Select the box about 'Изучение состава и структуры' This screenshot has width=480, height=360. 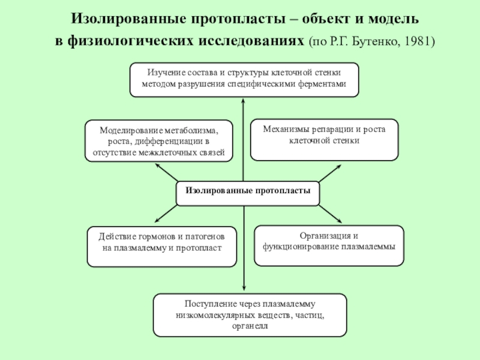(244, 79)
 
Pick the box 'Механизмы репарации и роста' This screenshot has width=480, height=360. (324, 140)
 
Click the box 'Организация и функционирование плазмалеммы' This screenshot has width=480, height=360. (329, 245)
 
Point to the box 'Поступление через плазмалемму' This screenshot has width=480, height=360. (250, 315)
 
